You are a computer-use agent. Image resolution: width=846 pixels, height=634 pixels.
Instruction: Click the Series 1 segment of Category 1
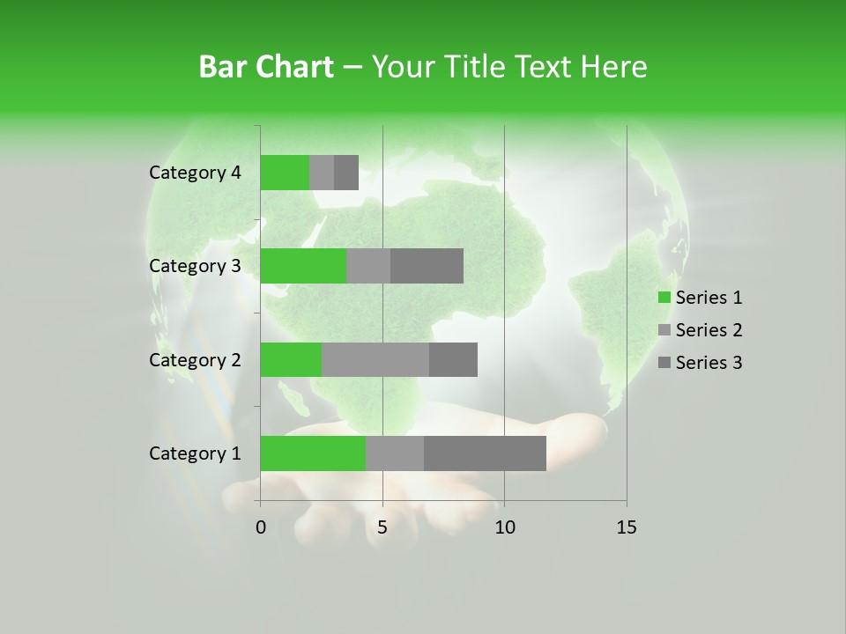(x=313, y=453)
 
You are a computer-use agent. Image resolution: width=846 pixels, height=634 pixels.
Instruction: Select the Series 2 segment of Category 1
(x=395, y=453)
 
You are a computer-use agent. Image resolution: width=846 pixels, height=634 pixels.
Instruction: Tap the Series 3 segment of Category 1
(x=485, y=453)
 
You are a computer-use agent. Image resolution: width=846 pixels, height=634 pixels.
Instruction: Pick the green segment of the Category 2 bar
(x=291, y=359)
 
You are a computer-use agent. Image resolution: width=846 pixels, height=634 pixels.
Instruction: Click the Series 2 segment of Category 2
(x=375, y=359)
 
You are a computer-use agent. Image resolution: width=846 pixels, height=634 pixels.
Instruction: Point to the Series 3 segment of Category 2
(x=453, y=359)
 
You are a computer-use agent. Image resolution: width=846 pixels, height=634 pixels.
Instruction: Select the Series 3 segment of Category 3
(x=427, y=266)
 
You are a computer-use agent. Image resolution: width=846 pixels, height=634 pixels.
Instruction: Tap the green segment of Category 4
(x=285, y=173)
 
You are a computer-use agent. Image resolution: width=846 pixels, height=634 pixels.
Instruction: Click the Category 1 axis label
(x=195, y=453)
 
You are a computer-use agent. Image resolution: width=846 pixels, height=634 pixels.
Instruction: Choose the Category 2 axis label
(x=195, y=359)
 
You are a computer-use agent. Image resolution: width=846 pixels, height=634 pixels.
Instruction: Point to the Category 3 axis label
(x=195, y=266)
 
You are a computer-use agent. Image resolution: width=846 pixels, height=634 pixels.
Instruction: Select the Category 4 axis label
(x=195, y=173)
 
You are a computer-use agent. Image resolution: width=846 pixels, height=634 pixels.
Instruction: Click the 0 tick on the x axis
(x=261, y=527)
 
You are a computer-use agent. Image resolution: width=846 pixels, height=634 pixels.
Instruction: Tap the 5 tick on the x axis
(x=382, y=527)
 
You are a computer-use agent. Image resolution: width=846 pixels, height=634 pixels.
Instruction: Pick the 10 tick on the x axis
(x=504, y=527)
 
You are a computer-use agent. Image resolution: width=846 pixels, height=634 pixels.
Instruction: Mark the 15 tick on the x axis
(x=626, y=527)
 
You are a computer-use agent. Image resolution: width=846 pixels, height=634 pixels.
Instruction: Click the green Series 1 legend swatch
(x=664, y=298)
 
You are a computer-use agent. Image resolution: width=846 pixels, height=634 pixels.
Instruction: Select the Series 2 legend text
(x=709, y=330)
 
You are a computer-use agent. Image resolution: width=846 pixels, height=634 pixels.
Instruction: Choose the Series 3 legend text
(x=709, y=363)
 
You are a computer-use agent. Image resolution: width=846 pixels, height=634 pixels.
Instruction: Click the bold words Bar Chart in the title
(x=265, y=67)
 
